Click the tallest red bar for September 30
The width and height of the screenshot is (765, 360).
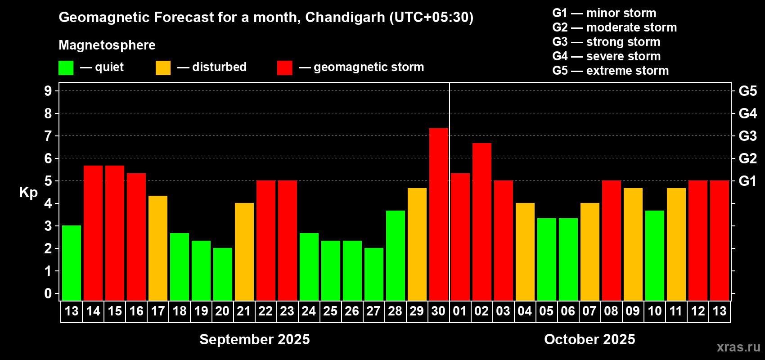pyautogui.click(x=439, y=214)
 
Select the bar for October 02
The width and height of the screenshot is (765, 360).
pyautogui.click(x=482, y=221)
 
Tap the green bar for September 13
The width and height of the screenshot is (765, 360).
pyautogui.click(x=72, y=263)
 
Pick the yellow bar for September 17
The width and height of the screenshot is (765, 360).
pyautogui.click(x=158, y=248)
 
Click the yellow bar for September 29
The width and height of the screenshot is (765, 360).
pyautogui.click(x=417, y=244)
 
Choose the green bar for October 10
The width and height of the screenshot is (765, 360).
pyautogui.click(x=655, y=255)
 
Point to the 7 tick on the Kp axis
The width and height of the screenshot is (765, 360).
pyautogui.click(x=48, y=136)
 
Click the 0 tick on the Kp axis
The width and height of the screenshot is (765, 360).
pyautogui.click(x=48, y=293)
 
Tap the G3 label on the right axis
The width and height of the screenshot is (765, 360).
pyautogui.click(x=747, y=136)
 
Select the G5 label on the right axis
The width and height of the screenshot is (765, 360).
pyautogui.click(x=747, y=91)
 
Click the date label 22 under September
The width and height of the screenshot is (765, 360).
pyautogui.click(x=265, y=311)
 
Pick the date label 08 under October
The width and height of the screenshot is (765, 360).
pyautogui.click(x=611, y=311)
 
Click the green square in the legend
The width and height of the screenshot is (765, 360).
pyautogui.click(x=66, y=68)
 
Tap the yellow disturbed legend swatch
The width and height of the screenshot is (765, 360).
pyautogui.click(x=163, y=68)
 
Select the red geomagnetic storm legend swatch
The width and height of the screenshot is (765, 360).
pyautogui.click(x=284, y=68)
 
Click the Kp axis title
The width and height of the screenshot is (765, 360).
pyautogui.click(x=28, y=193)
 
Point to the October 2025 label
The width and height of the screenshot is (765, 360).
pyautogui.click(x=589, y=339)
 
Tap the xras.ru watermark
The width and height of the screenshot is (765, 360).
pyautogui.click(x=738, y=347)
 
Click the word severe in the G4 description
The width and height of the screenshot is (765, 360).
pyautogui.click(x=604, y=56)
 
